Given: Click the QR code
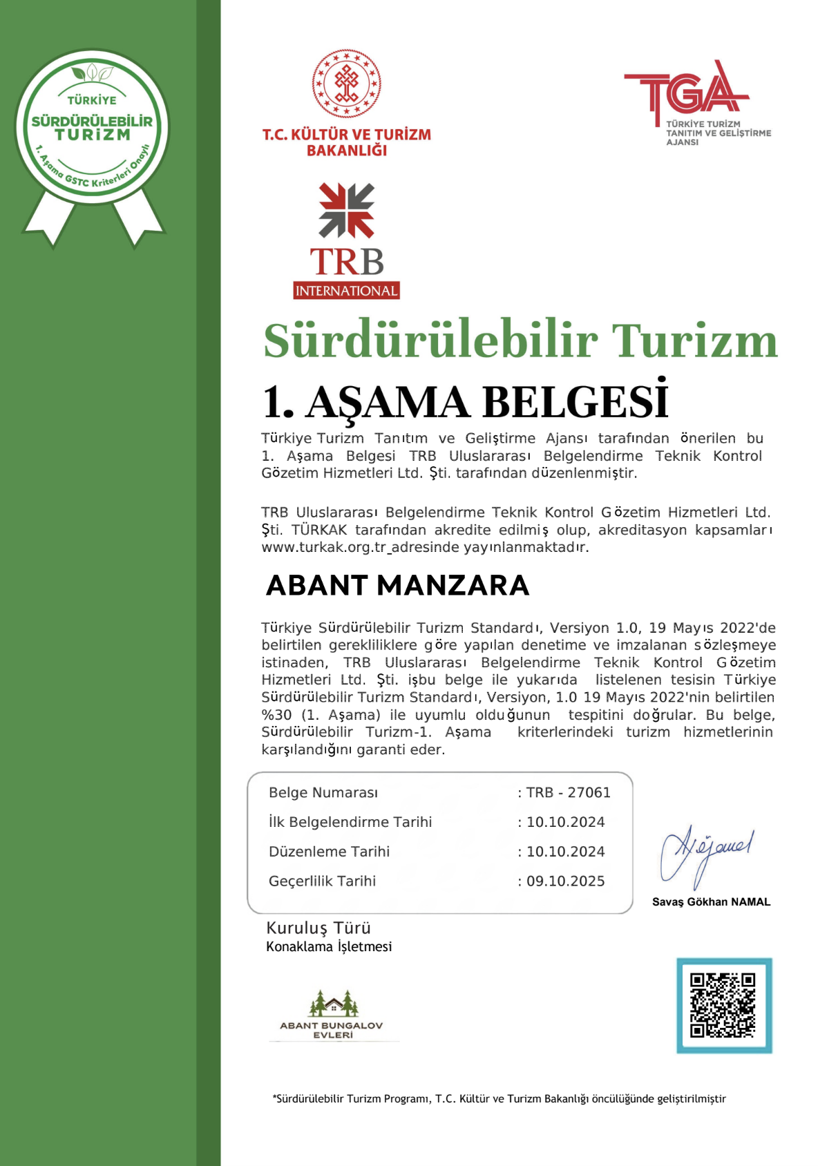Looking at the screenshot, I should click(723, 1005).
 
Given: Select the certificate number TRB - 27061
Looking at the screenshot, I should click(568, 792).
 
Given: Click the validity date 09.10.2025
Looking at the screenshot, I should click(565, 881).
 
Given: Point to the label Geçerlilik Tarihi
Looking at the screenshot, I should click(322, 881).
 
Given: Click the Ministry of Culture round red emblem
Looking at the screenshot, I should click(346, 83).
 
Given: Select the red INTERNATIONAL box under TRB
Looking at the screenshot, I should click(346, 291).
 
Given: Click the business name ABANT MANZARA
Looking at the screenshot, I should click(397, 585).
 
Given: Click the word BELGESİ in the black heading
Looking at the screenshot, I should click(575, 402).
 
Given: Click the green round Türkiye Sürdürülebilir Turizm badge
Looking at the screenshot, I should click(92, 127).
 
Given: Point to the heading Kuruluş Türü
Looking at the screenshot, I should click(318, 928).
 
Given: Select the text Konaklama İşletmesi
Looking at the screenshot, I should click(329, 946).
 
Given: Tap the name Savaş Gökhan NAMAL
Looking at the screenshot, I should click(711, 901).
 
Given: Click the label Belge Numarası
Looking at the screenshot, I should click(323, 792).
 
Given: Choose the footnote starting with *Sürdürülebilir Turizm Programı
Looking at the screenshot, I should click(499, 1098).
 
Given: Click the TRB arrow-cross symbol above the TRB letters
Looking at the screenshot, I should click(346, 210).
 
